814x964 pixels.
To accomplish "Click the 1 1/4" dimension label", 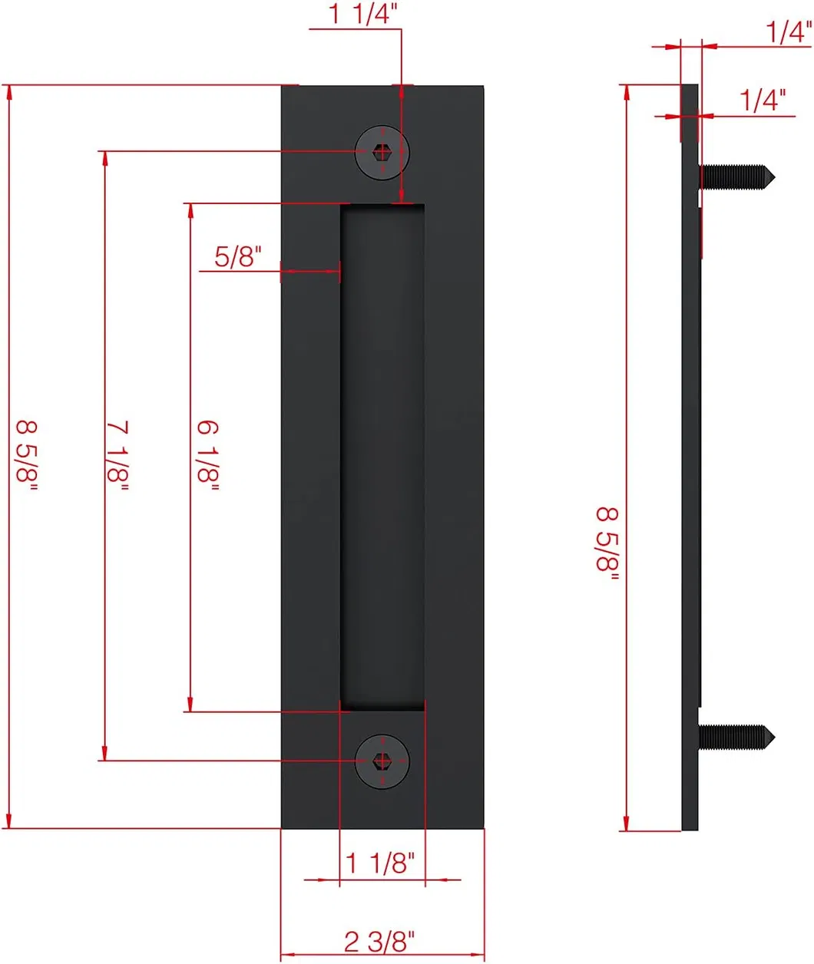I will coord(363,14).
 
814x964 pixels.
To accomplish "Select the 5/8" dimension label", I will coord(238,256).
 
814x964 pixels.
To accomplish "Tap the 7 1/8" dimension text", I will coord(117,455).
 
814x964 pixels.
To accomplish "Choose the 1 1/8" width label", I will coord(380,863).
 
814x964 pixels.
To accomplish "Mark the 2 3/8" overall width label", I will coord(380,940).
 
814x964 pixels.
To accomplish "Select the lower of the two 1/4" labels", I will coord(763,100).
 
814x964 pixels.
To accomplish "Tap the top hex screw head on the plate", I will coord(382,152).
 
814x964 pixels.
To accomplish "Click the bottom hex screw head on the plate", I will coord(382,761).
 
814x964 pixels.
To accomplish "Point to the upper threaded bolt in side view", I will coord(733,178).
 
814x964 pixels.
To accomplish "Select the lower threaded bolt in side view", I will coord(733,738).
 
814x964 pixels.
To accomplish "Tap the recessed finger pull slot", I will coord(382,457).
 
